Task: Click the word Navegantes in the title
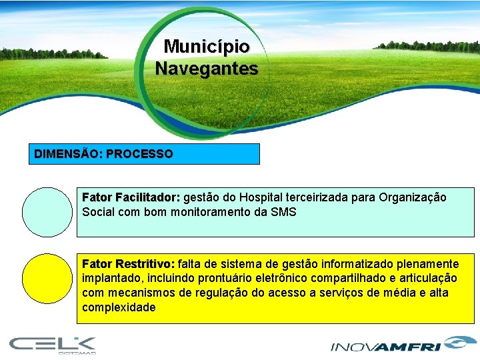pyautogui.click(x=207, y=68)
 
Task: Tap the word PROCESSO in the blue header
pyautogui.click(x=139, y=154)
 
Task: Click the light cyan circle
pyautogui.click(x=47, y=212)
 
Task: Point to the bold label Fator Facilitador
pyautogui.click(x=131, y=198)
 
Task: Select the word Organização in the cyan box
pyautogui.click(x=413, y=198)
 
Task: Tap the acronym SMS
pyautogui.click(x=283, y=212)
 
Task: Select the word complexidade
pyautogui.click(x=119, y=307)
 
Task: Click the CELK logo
pyautogui.click(x=53, y=345)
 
